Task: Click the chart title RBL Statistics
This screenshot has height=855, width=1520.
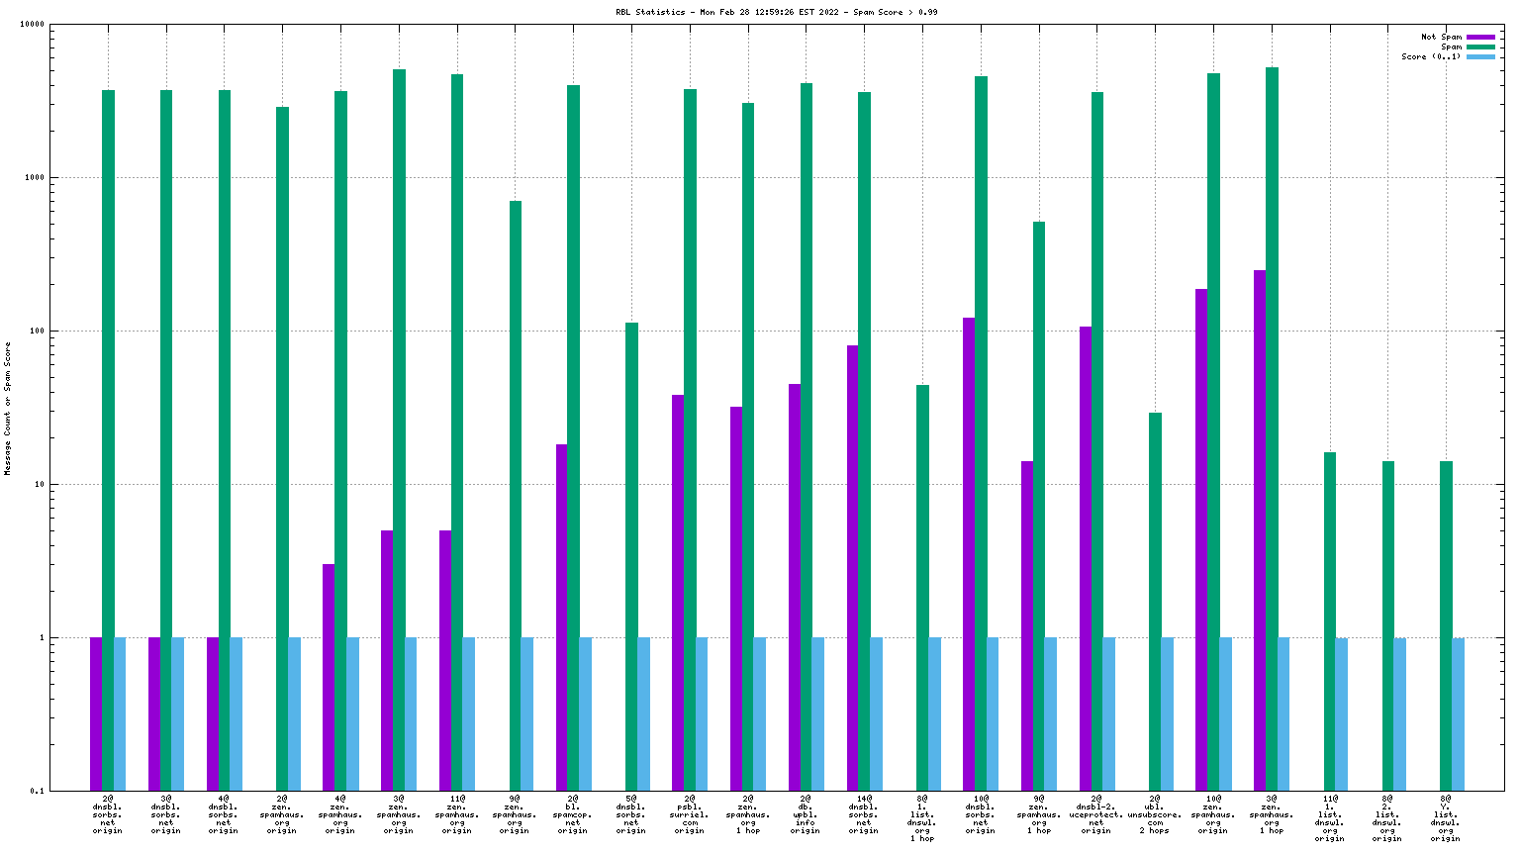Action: (x=776, y=12)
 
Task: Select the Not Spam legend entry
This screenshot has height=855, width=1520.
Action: (x=1441, y=37)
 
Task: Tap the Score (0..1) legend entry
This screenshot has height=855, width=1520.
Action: (x=1430, y=56)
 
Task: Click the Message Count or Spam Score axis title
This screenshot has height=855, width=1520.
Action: (x=8, y=408)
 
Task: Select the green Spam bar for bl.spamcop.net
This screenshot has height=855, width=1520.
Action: (x=573, y=435)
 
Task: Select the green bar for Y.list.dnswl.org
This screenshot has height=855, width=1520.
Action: (x=1446, y=624)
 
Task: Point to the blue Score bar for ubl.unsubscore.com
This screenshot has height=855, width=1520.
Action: (x=1167, y=713)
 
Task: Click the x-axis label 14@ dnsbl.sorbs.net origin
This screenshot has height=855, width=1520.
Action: (x=864, y=813)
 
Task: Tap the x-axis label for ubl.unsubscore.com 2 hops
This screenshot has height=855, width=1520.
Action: (x=1155, y=813)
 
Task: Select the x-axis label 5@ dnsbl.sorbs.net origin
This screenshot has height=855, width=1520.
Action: (x=631, y=813)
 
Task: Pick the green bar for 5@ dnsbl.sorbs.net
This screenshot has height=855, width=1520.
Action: (x=631, y=555)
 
